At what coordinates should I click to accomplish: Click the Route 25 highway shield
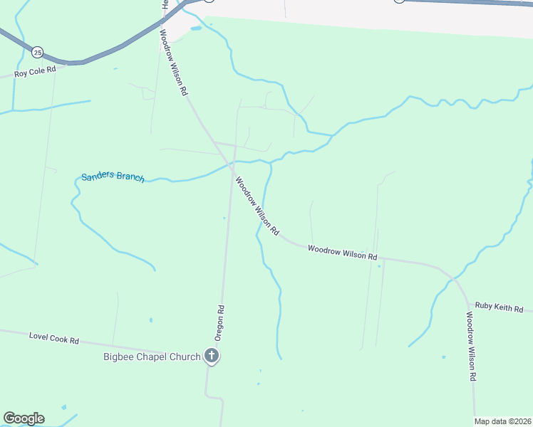(37, 51)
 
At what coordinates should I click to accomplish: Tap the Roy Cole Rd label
(35, 73)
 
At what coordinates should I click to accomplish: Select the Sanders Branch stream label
(113, 176)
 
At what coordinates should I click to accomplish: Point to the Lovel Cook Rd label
(53, 337)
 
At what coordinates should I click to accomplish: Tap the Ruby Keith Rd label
(499, 308)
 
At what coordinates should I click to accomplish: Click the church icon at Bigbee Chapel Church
(212, 355)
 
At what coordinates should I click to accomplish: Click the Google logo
(24, 418)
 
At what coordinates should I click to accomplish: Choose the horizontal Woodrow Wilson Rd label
(342, 252)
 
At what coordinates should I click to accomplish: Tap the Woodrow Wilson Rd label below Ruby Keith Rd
(471, 347)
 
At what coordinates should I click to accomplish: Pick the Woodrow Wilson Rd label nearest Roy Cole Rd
(173, 63)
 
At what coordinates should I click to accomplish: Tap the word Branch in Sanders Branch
(130, 177)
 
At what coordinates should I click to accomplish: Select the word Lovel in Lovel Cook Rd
(38, 335)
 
